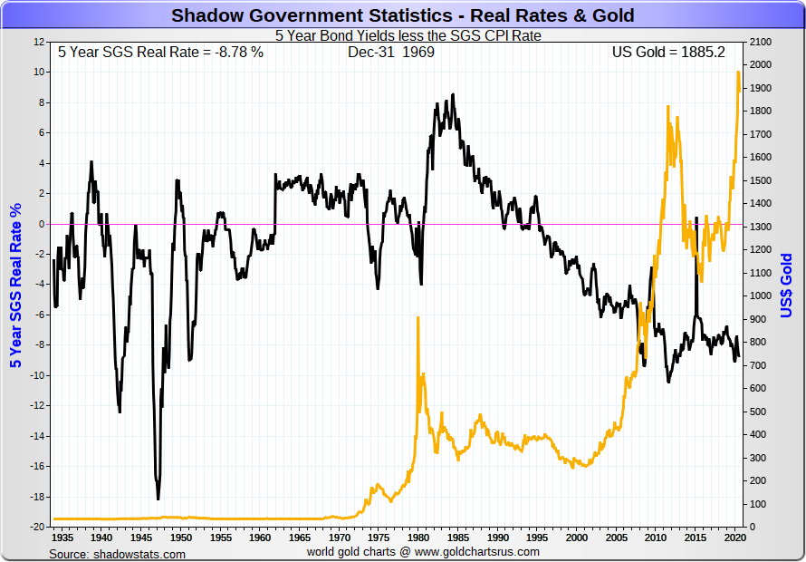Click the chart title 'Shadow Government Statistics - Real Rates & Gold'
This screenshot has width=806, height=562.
[403, 15]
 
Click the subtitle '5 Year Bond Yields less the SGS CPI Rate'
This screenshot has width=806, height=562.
[402, 36]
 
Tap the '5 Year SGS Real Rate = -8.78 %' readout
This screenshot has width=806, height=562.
[160, 52]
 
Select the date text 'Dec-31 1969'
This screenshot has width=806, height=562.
[390, 52]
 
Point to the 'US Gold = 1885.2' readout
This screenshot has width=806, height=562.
[668, 52]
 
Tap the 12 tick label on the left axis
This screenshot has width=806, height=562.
[39, 42]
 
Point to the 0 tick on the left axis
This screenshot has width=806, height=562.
[42, 224]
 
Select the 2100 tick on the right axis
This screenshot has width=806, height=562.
[760, 42]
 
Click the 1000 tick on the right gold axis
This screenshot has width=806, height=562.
[760, 296]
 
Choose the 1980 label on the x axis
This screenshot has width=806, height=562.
[416, 537]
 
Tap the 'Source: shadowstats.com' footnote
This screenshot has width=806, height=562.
[117, 553]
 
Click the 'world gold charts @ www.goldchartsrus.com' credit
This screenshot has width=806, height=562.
[423, 551]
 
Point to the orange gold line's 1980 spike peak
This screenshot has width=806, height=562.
[417, 318]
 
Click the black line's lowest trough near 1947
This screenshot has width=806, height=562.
[158, 499]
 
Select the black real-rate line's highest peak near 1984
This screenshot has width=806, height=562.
[452, 94]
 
